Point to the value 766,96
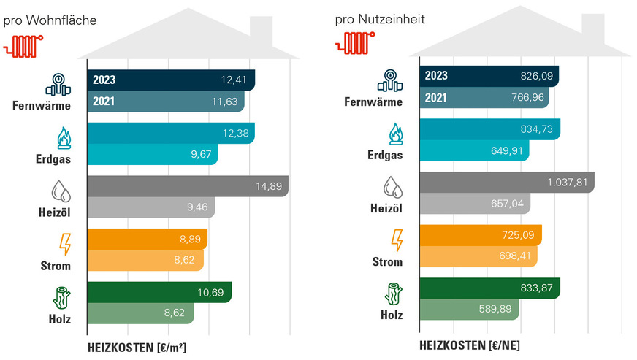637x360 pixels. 527,97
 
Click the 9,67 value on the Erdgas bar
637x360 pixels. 202,155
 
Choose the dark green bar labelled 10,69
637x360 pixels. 159,292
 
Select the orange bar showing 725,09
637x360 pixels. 480,235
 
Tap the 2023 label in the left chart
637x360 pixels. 104,80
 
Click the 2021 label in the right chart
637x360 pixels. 437,97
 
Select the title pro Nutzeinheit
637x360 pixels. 380,18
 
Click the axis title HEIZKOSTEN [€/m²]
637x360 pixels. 137,347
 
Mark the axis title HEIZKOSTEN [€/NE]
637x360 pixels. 469,344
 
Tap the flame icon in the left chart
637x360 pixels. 62,137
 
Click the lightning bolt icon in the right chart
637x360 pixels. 397,240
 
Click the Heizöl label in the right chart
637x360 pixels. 386,210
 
